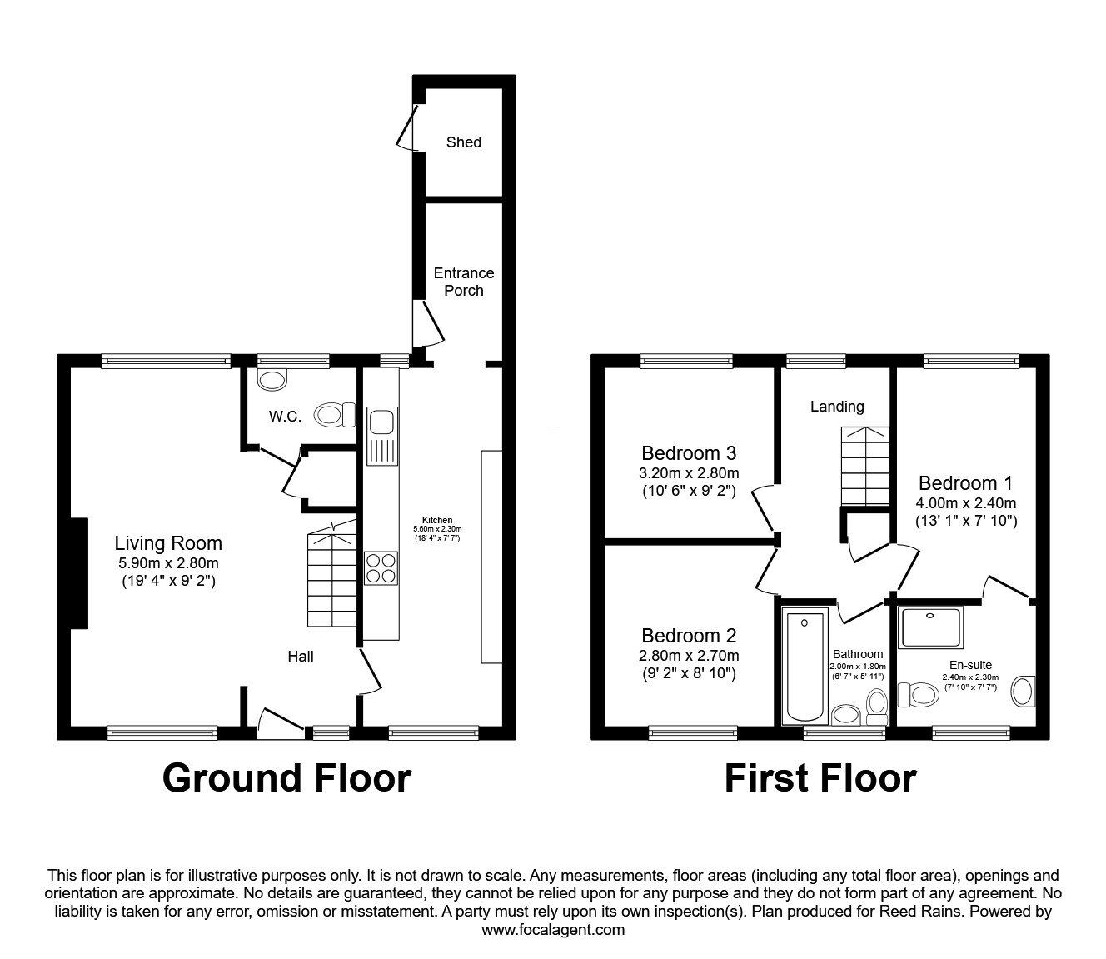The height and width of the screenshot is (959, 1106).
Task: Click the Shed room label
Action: (x=463, y=142)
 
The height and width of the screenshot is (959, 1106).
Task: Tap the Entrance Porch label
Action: (x=463, y=282)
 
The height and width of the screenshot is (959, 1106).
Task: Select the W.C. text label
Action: (x=285, y=417)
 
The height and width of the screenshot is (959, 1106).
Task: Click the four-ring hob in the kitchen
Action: (x=381, y=567)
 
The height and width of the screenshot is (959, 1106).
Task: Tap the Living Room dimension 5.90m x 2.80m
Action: (x=168, y=563)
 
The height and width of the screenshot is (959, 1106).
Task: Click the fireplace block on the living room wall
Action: (x=78, y=572)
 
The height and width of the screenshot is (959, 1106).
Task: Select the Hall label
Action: (x=301, y=657)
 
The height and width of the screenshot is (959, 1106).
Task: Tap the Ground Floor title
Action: (x=286, y=777)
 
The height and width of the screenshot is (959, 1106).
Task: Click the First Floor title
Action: (x=820, y=777)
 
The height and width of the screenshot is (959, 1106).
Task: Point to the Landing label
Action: (x=837, y=407)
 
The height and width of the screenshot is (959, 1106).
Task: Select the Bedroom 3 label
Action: (x=689, y=453)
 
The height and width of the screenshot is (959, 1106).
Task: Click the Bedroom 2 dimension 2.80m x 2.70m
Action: (x=689, y=656)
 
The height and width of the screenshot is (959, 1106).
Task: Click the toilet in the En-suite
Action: (x=916, y=693)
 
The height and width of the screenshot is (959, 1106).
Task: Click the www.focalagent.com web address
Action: (x=553, y=930)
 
